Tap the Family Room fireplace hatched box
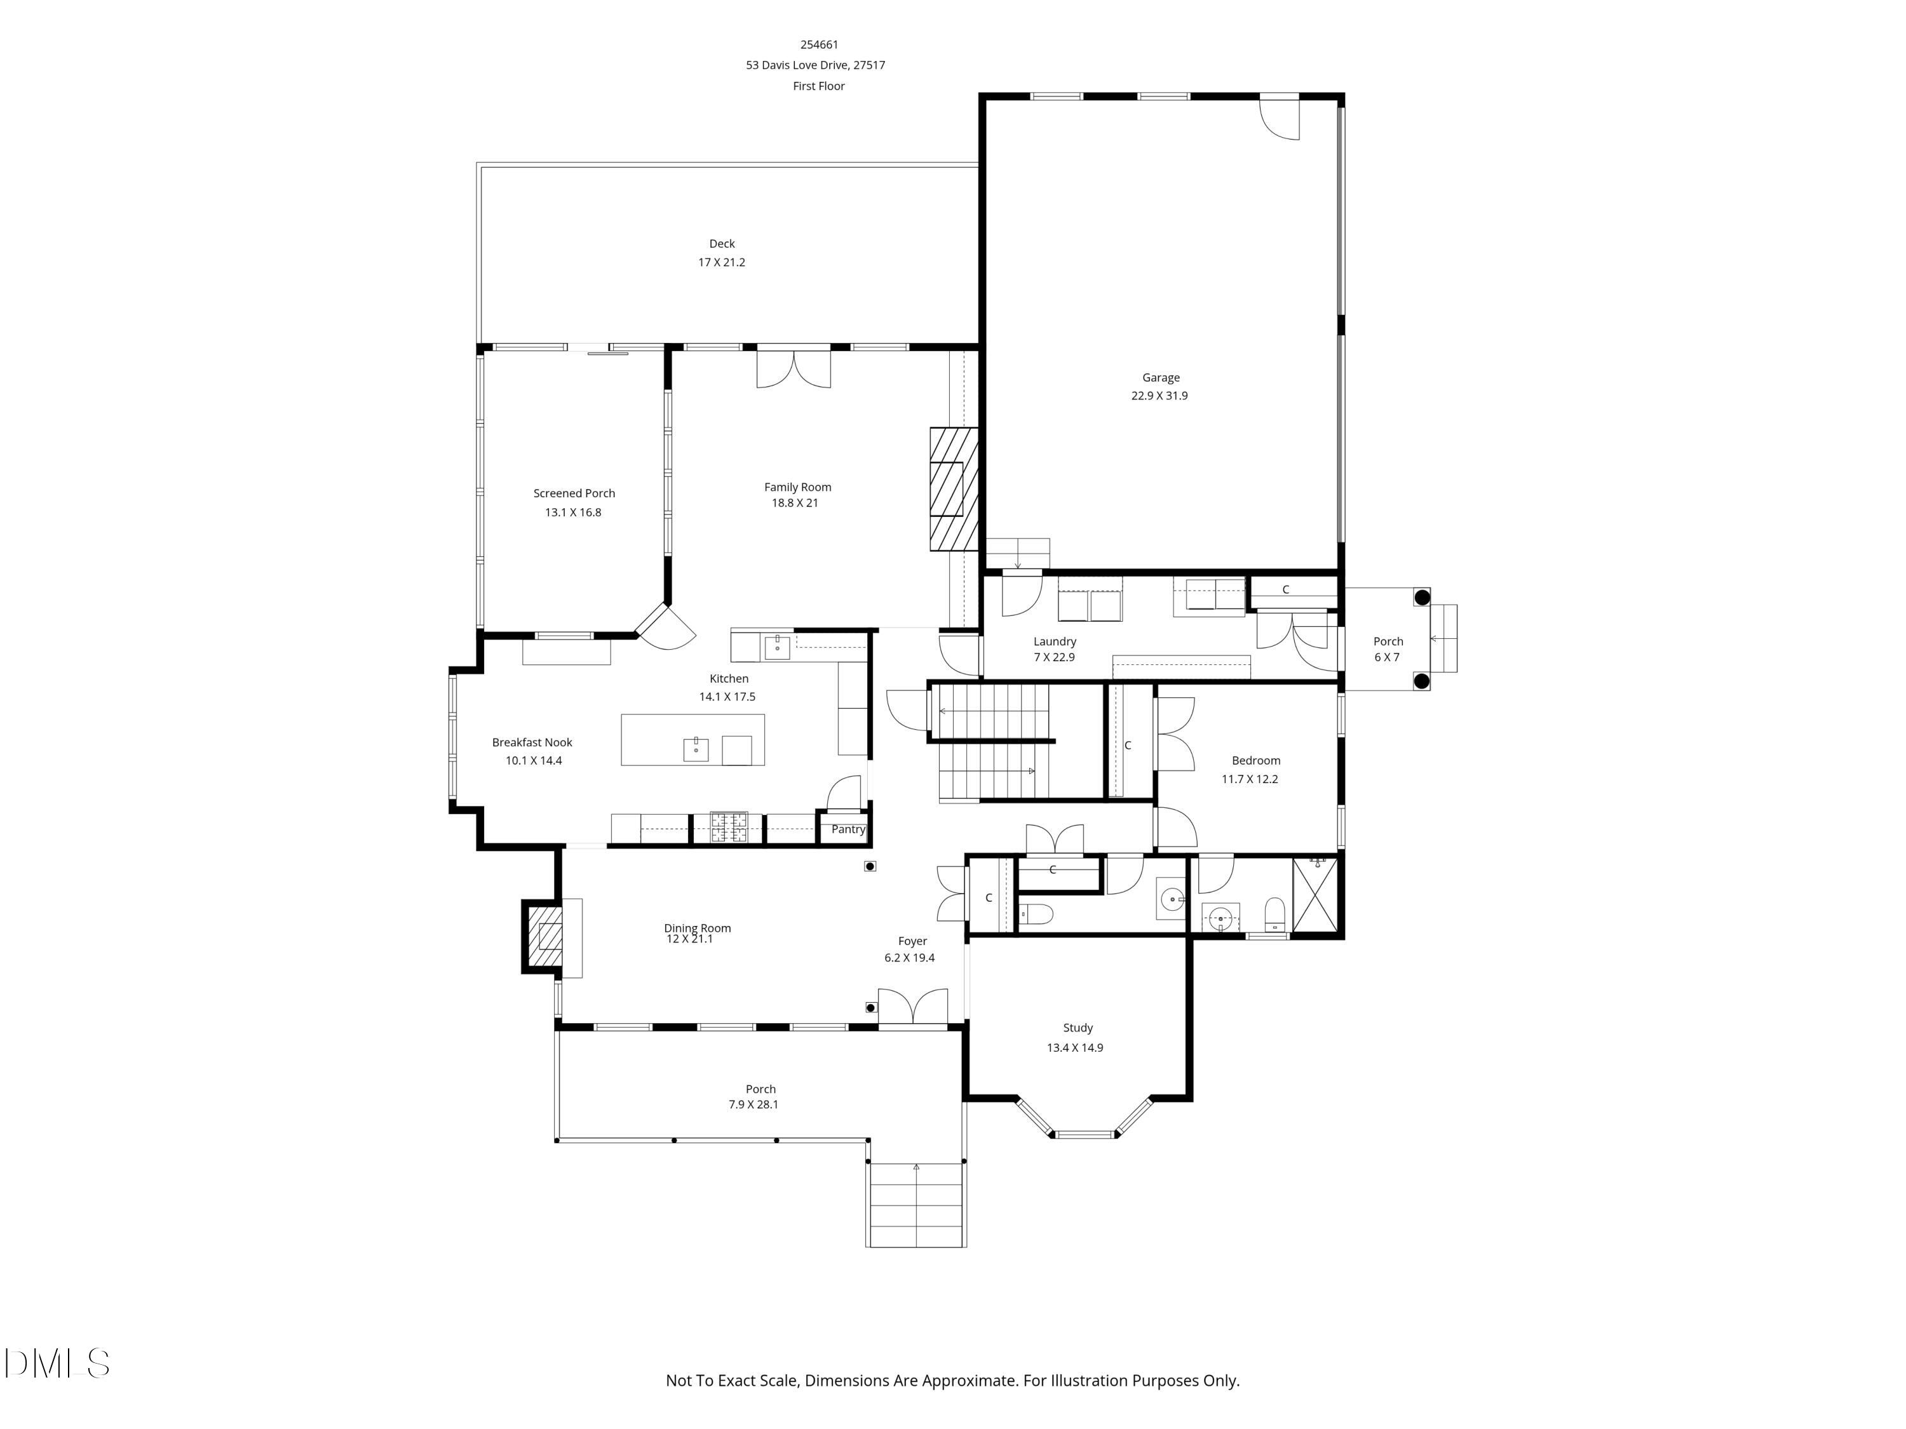pyautogui.click(x=954, y=488)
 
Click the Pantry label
pyautogui.click(x=848, y=829)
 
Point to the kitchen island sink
pyautogui.click(x=695, y=749)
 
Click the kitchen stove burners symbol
pyautogui.click(x=728, y=827)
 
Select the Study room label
pyautogui.click(x=1077, y=1028)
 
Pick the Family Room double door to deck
pyautogui.click(x=794, y=368)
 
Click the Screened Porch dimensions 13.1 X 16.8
pyautogui.click(x=573, y=513)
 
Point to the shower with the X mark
pyautogui.click(x=1316, y=895)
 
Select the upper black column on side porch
pyautogui.click(x=1423, y=597)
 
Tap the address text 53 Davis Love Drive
pyautogui.click(x=815, y=65)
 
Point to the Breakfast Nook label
pyautogui.click(x=532, y=742)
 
